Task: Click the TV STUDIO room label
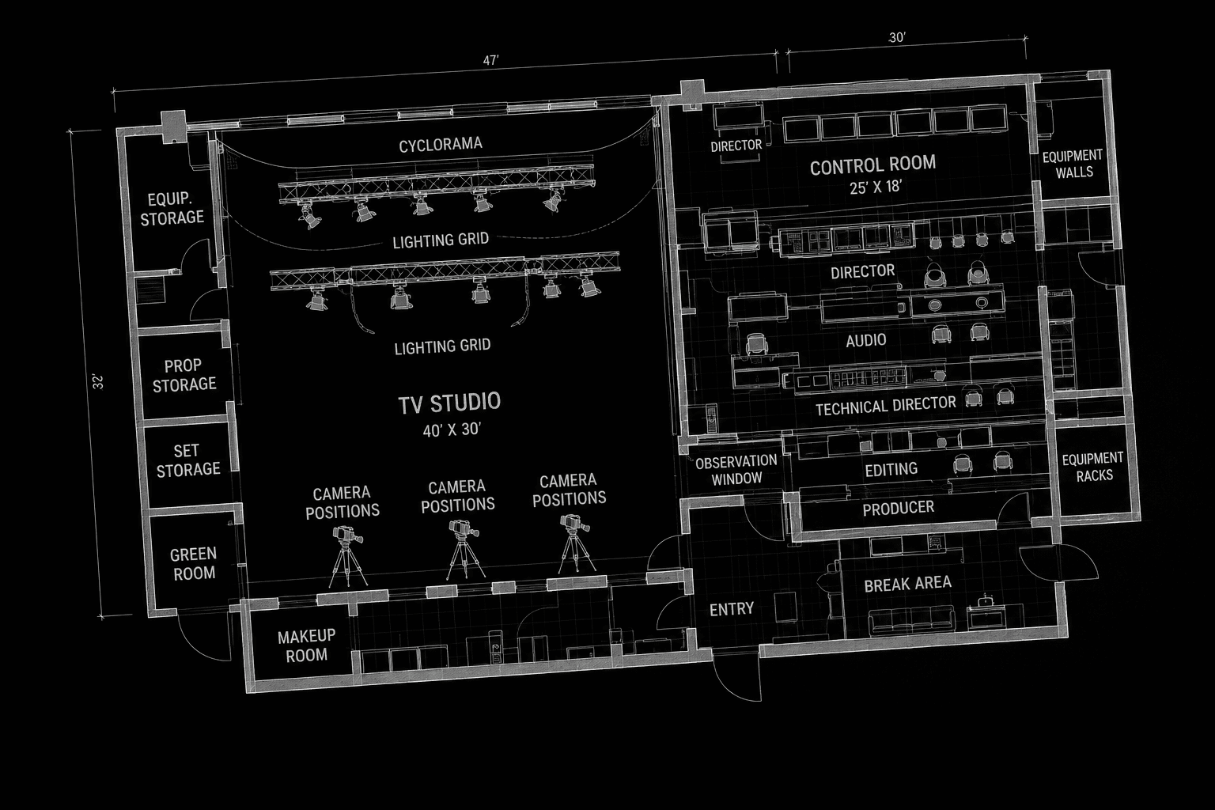449,403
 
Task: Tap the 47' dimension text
490,60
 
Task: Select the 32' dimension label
98,381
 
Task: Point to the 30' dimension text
897,37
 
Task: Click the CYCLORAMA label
441,145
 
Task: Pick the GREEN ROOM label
193,564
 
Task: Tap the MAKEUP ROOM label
306,645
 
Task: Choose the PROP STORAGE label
184,375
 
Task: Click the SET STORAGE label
188,460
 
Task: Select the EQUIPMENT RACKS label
1093,467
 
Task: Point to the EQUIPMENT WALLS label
1073,164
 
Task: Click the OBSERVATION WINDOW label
736,470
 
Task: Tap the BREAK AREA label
907,585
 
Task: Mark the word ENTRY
732,609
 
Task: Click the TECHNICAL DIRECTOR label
886,406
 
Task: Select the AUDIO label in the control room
866,340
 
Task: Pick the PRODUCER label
899,509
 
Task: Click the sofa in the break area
911,620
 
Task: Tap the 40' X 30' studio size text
452,430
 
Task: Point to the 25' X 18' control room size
876,187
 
